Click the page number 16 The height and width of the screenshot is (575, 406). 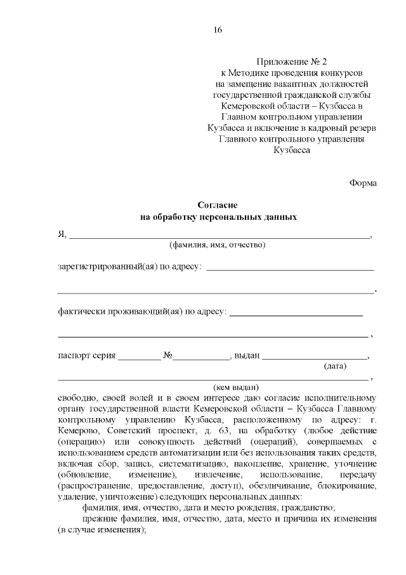[218, 30]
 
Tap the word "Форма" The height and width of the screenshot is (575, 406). [363, 183]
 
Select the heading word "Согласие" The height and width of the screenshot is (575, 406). [217, 206]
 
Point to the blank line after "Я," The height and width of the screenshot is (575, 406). [219, 236]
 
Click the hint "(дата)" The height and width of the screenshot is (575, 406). [334, 367]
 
